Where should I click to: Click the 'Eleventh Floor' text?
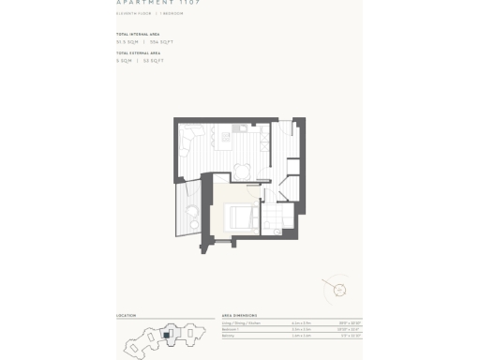(x=132, y=13)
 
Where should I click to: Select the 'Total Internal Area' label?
(x=137, y=34)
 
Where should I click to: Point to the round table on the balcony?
(x=191, y=212)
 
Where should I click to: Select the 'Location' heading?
(x=126, y=315)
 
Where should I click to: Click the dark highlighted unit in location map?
(x=167, y=333)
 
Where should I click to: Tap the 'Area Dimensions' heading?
(x=240, y=315)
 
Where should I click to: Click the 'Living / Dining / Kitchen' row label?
(x=243, y=322)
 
